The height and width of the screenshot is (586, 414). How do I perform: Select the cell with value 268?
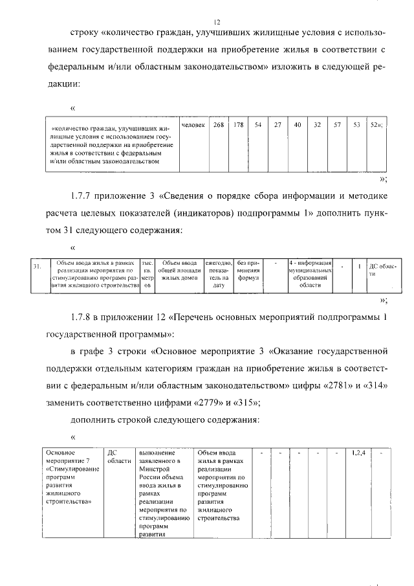tap(219, 125)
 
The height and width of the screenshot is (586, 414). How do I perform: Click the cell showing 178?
tap(238, 125)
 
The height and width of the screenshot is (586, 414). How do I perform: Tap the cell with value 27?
tap(277, 125)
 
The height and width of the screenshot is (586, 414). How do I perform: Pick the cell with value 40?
tap(297, 125)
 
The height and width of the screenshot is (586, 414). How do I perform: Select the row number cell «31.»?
tap(38, 265)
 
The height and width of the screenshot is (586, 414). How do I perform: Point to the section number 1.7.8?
tap(83, 317)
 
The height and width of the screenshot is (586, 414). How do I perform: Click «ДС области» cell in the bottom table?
tap(118, 456)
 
